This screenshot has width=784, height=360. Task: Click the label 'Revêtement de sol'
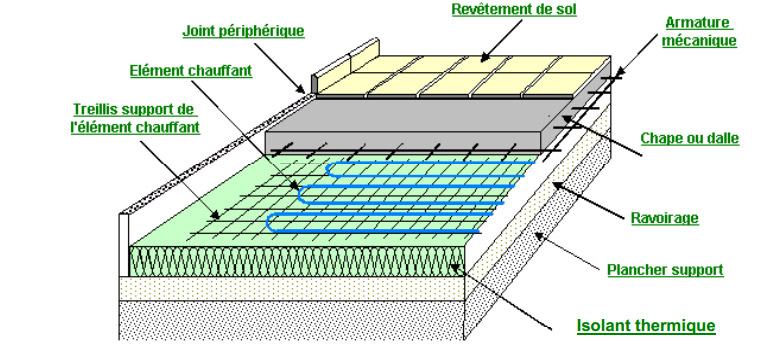coord(514,10)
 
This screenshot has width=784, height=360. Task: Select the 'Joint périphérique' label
coord(243,31)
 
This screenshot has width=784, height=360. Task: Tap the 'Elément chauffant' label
coord(190,70)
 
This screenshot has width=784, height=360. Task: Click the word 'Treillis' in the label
coord(96,109)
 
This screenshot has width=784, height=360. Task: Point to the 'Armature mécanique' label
coord(699,32)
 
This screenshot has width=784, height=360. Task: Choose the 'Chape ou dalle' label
coord(690,138)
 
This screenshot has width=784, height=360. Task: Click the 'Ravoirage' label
coord(664,218)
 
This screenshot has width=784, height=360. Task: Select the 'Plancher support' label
coord(665,270)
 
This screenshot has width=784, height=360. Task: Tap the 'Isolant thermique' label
coord(646,326)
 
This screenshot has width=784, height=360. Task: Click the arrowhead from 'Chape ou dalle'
coord(566,118)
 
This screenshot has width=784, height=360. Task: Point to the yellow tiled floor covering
coord(462,75)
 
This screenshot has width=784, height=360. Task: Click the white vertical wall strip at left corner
coord(124,244)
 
